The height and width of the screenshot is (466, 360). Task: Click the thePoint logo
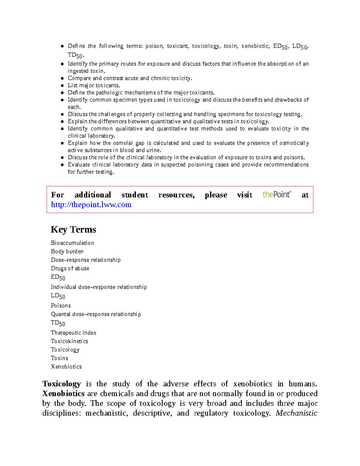tap(277, 194)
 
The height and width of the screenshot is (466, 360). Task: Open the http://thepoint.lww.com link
tap(91, 205)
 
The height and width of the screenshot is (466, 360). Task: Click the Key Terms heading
tap(73, 230)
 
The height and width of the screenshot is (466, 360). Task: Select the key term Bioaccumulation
tap(72, 243)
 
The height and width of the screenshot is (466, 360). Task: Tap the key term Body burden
tap(67, 251)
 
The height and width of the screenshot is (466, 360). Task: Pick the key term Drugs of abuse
tap(70, 268)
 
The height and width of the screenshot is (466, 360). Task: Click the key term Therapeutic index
tap(73, 333)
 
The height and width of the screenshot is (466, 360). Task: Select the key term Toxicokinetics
tap(69, 341)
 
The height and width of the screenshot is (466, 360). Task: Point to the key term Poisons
tap(61, 306)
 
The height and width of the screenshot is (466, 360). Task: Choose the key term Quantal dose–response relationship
tap(96, 314)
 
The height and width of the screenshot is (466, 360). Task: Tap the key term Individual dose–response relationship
tap(99, 287)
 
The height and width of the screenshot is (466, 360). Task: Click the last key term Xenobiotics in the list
tap(66, 367)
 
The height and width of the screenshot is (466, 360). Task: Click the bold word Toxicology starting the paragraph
tap(61, 384)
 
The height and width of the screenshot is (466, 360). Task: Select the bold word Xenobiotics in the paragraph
tap(63, 393)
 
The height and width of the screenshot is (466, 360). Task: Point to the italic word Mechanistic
tap(296, 413)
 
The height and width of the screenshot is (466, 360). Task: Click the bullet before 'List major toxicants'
tap(62, 86)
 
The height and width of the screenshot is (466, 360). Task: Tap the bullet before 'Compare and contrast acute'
tap(62, 78)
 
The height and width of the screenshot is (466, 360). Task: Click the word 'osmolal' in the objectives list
tap(123, 143)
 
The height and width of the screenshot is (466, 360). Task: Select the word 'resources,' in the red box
tap(176, 195)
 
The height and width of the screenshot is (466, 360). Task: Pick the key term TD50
tap(58, 323)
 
